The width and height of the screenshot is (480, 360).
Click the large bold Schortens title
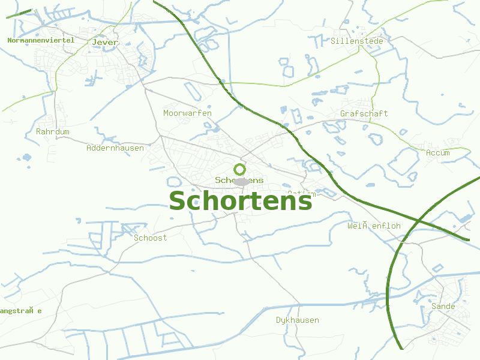click(x=241, y=201)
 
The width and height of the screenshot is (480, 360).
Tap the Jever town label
click(x=105, y=43)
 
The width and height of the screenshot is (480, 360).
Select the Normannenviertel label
click(x=41, y=40)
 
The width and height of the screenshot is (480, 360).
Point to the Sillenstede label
click(x=356, y=41)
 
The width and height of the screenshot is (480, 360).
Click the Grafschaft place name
click(x=364, y=113)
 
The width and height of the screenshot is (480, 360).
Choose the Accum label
click(x=437, y=153)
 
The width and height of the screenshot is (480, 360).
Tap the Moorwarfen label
click(x=187, y=113)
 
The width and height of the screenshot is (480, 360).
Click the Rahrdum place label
click(x=53, y=131)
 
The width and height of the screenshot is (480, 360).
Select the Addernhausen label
click(x=115, y=148)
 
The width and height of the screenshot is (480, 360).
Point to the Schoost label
click(x=150, y=238)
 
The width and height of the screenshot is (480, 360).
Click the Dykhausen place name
click(x=297, y=320)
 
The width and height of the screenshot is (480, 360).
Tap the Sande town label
click(x=443, y=306)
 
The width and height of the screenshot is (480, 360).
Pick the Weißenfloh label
click(x=374, y=226)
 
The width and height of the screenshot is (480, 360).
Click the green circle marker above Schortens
click(x=239, y=169)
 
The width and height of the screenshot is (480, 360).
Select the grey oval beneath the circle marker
click(x=241, y=182)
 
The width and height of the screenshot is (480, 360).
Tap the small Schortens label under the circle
click(x=239, y=180)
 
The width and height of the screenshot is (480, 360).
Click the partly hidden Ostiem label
click(x=301, y=193)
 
